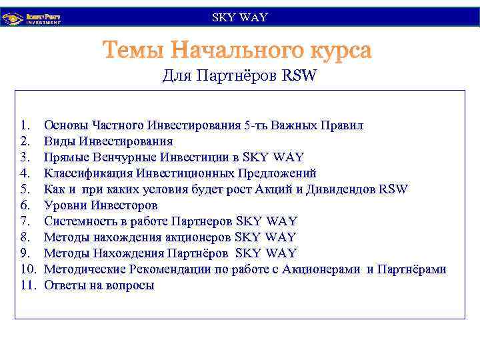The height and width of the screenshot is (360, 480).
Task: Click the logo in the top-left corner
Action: [34, 18]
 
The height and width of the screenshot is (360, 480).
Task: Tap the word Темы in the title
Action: [133, 51]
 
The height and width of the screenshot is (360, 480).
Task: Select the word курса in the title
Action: [337, 51]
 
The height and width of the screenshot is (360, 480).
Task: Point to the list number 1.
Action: [25, 125]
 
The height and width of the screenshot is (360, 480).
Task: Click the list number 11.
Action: [27, 285]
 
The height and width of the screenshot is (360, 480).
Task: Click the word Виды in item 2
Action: [59, 141]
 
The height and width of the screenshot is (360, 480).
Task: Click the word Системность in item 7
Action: [79, 221]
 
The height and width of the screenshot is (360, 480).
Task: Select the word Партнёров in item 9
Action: [198, 253]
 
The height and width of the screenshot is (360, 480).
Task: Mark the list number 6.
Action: [25, 205]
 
